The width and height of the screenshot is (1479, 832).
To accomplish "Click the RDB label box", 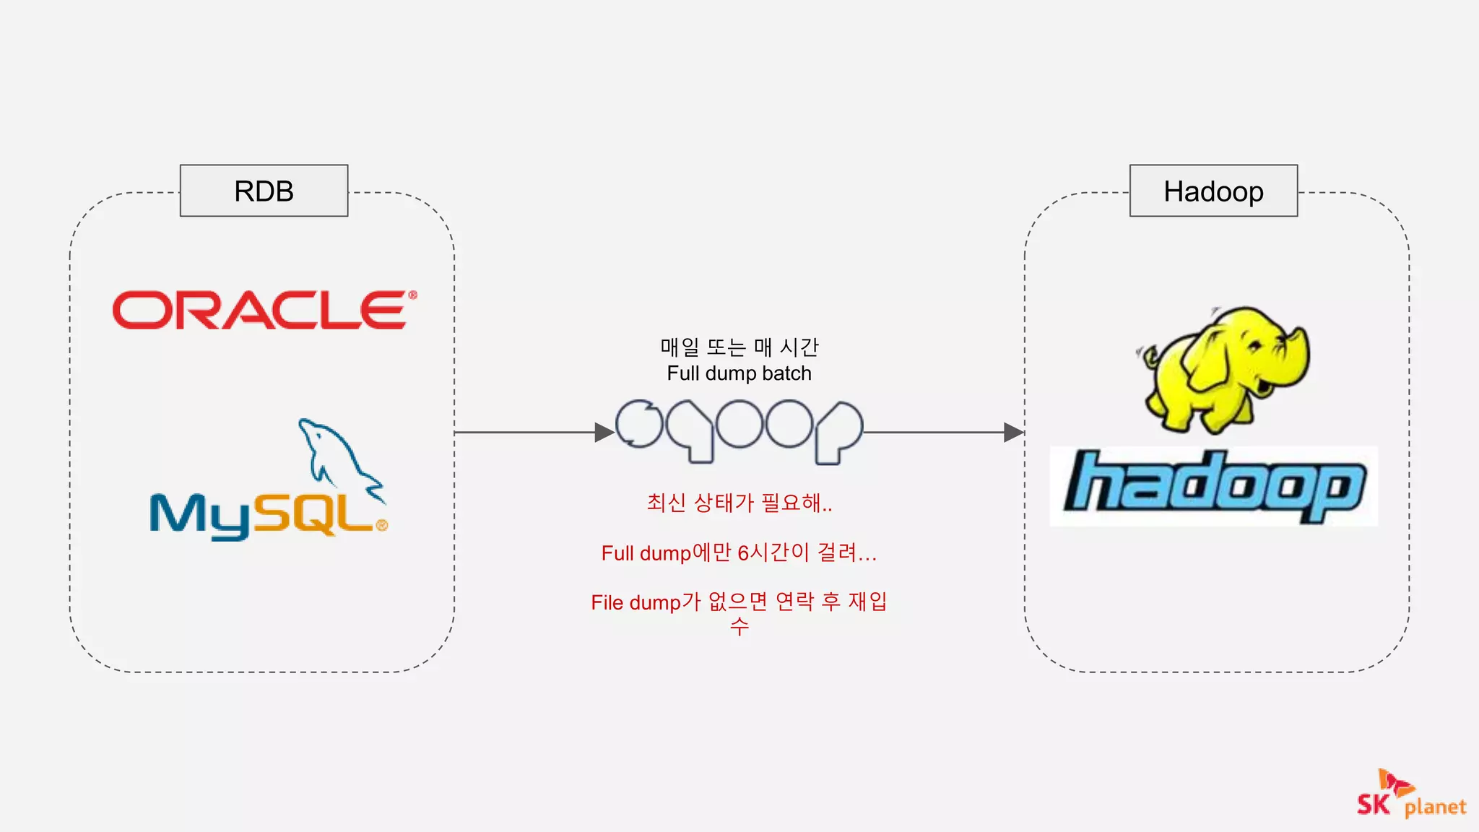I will (264, 191).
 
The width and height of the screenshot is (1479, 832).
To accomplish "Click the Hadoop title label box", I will (1213, 191).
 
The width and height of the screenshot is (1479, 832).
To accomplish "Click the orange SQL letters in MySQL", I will (318, 514).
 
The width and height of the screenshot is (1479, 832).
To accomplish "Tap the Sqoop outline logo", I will (739, 430).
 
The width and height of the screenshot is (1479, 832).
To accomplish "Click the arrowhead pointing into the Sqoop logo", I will (604, 433).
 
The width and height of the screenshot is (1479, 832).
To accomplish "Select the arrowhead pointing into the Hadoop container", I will (1013, 433).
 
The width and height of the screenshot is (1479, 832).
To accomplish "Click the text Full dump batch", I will (739, 373).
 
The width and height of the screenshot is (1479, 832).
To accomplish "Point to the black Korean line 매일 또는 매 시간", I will (739, 347).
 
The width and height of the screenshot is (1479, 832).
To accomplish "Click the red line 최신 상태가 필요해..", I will (739, 503).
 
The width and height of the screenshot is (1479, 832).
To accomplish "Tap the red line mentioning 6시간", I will (739, 553).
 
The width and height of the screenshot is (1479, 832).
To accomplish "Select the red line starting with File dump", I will (739, 602).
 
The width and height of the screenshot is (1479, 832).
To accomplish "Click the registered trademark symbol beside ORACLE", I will (412, 295).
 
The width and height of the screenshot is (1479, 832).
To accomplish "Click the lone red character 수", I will (739, 626).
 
